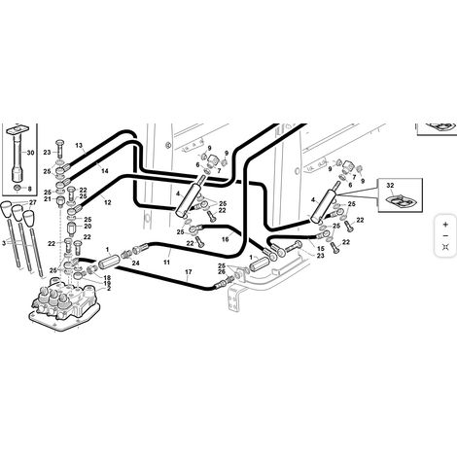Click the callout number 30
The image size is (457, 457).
point(30,153)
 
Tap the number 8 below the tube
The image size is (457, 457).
point(29,189)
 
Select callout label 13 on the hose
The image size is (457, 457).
point(79,145)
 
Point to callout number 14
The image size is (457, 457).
point(105,171)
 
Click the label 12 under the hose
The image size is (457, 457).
point(108,202)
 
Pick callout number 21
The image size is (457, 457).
point(48,199)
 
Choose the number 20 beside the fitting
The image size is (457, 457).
point(88,227)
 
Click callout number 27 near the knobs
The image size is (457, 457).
point(33,202)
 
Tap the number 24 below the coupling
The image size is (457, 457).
point(135,264)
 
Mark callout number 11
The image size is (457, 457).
point(166,263)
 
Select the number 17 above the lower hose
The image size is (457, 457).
point(189,271)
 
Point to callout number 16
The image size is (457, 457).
point(225,239)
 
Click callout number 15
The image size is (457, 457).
point(321,249)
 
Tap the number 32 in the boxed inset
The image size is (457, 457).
point(390,186)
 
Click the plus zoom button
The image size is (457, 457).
point(445,225)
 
